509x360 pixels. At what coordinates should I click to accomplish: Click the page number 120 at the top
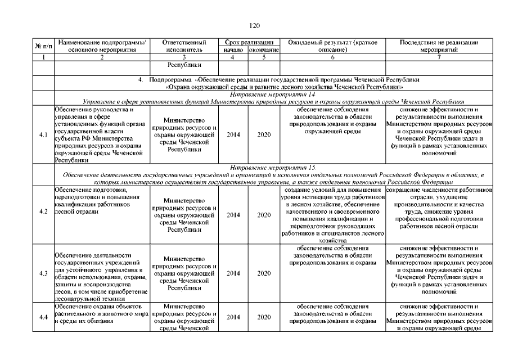point(254,25)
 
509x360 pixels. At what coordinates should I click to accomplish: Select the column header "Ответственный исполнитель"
point(184,46)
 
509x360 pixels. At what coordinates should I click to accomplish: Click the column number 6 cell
point(332,57)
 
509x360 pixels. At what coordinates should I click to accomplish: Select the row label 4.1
point(43,135)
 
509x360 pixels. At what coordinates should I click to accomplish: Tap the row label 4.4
point(43,317)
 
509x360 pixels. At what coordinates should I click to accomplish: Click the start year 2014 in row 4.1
point(232,135)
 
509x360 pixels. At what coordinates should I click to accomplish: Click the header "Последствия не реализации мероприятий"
point(440,46)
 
